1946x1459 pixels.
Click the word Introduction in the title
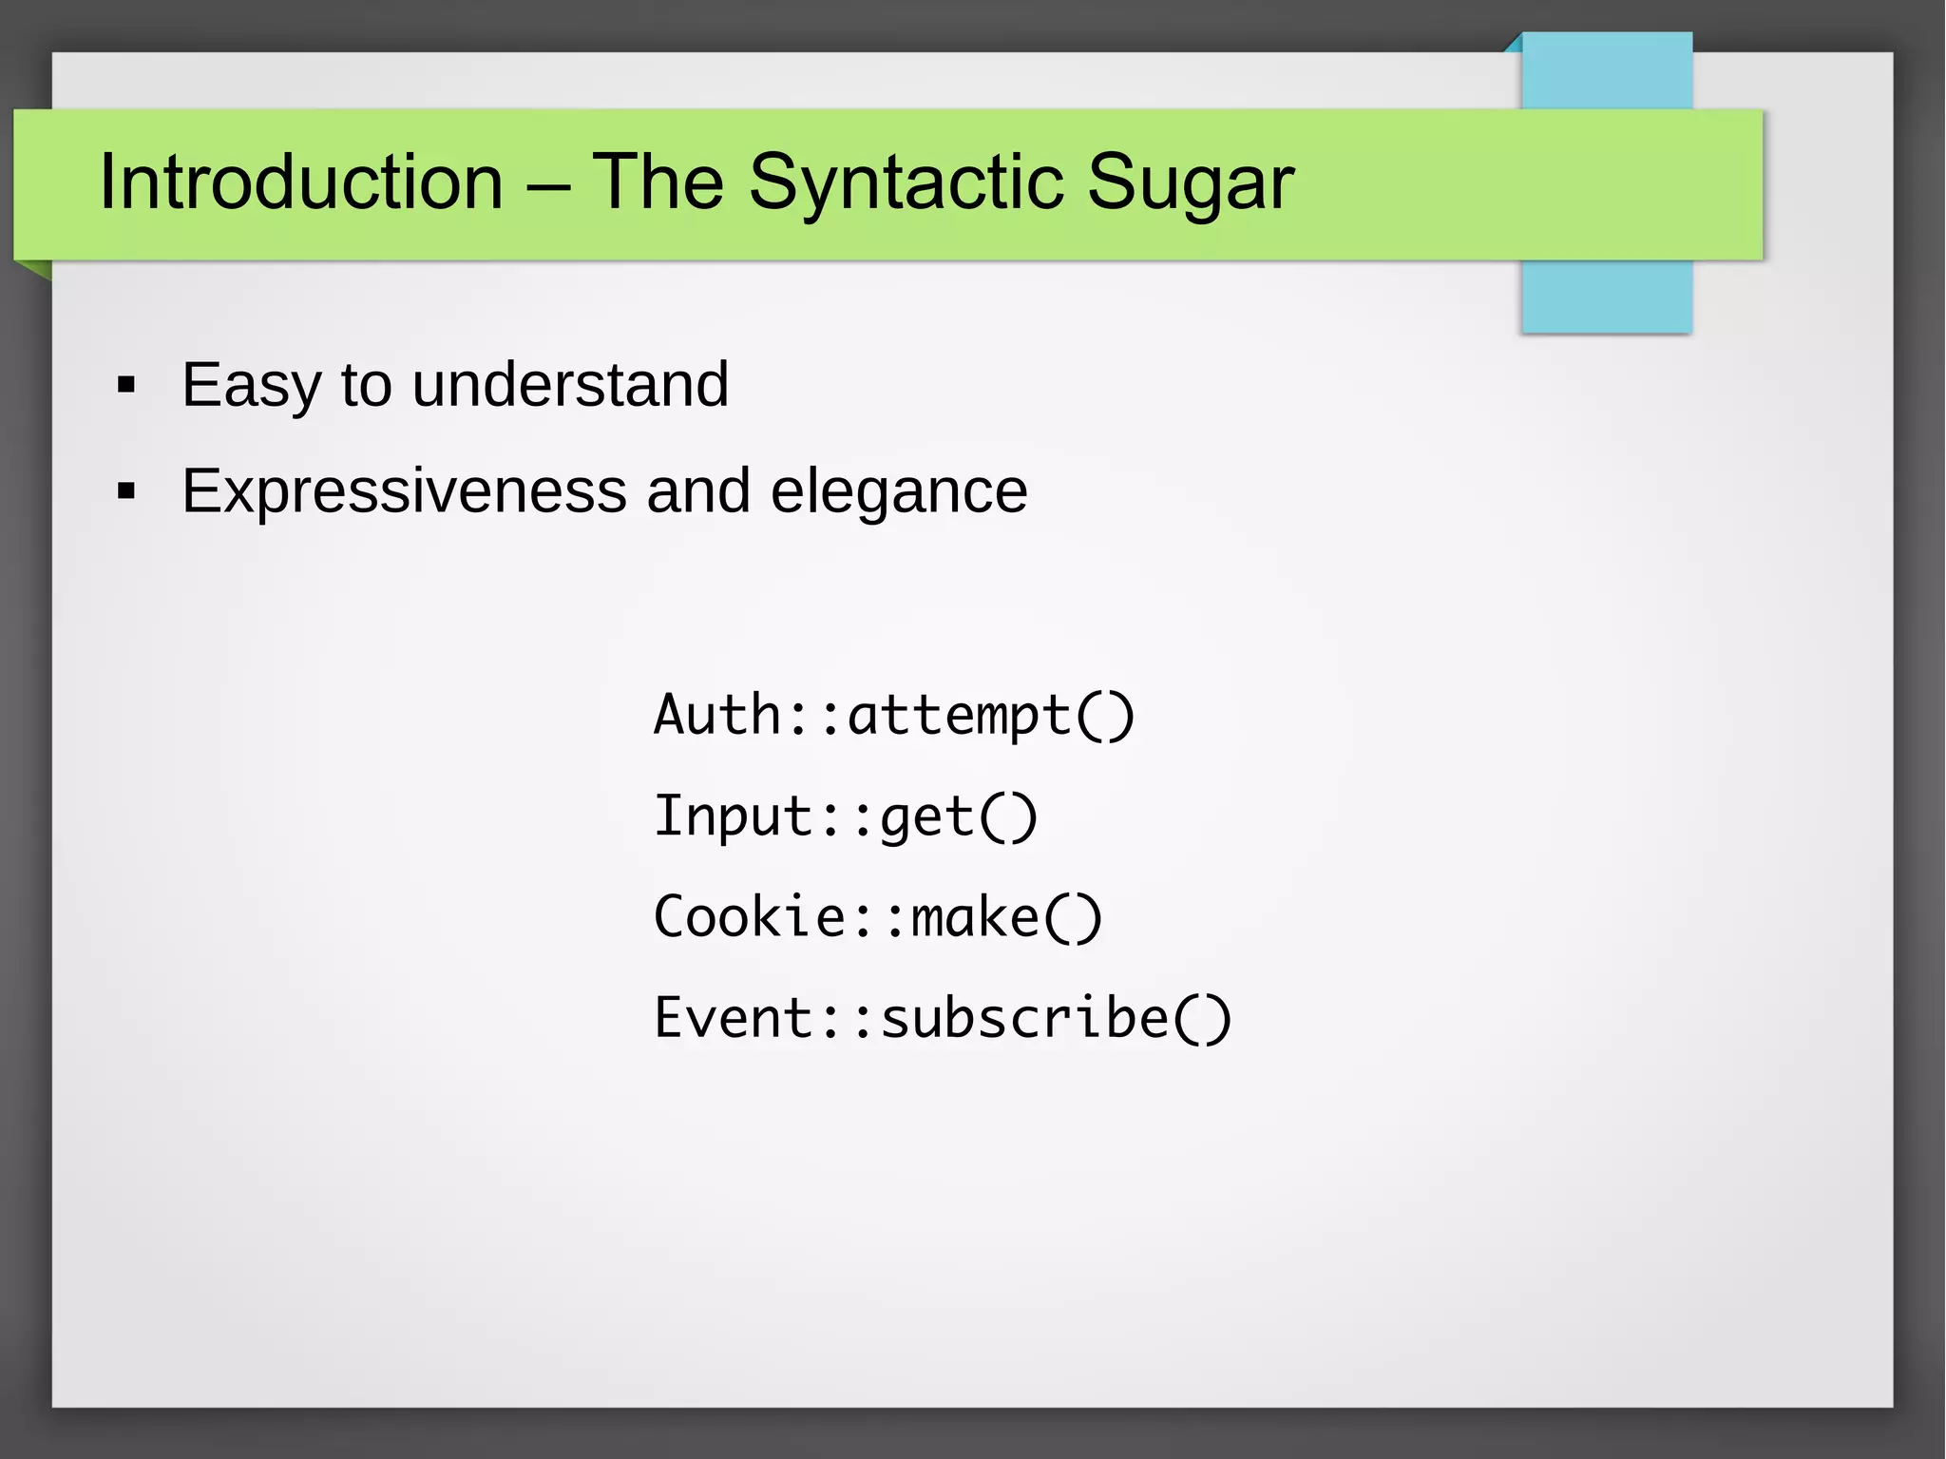click(300, 182)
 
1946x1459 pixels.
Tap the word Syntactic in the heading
click(906, 182)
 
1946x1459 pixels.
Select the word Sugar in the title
click(1190, 182)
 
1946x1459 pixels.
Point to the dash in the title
click(546, 183)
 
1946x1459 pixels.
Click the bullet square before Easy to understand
click(126, 386)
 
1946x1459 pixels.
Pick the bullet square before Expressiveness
click(126, 491)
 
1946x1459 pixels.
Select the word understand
click(570, 385)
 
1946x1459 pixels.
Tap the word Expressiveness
click(404, 491)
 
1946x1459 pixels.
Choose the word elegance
click(899, 491)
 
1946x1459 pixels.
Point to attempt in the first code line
click(959, 717)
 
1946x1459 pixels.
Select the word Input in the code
click(733, 816)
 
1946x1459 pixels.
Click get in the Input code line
click(926, 818)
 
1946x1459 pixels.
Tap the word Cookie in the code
click(749, 917)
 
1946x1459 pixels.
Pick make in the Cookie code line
click(975, 917)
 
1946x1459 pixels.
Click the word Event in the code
click(733, 1018)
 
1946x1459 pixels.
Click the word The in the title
click(658, 182)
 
